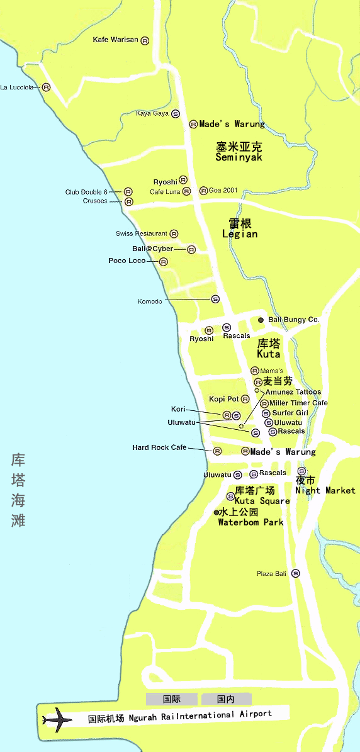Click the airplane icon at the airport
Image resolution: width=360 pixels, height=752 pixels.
point(57,719)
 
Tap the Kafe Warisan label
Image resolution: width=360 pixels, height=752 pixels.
point(115,40)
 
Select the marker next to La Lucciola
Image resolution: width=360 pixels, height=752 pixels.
point(46,87)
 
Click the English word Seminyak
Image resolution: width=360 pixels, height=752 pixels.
point(239,157)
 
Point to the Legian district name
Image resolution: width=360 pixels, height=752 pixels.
point(240,233)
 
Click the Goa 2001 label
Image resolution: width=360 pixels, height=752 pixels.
point(223,190)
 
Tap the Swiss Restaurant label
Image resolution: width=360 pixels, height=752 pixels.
point(142,233)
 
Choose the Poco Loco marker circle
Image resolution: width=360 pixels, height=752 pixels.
point(164,262)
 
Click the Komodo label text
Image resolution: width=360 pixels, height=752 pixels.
point(150,301)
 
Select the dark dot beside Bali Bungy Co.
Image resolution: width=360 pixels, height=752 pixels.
point(261,320)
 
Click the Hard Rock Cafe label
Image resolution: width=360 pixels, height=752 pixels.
point(159,447)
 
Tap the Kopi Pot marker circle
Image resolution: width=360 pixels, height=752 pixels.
point(245,399)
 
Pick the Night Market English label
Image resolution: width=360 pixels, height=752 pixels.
point(325,490)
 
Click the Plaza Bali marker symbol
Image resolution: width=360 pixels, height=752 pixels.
point(296,573)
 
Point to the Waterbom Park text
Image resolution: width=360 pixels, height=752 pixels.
point(250,522)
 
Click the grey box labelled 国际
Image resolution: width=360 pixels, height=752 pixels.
point(172,699)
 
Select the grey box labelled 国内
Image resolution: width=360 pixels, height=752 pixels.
point(226,699)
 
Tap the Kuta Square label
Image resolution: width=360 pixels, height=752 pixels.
point(262,501)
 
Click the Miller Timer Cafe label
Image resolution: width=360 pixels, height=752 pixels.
point(298,403)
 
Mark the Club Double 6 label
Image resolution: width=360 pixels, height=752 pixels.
point(86,192)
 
